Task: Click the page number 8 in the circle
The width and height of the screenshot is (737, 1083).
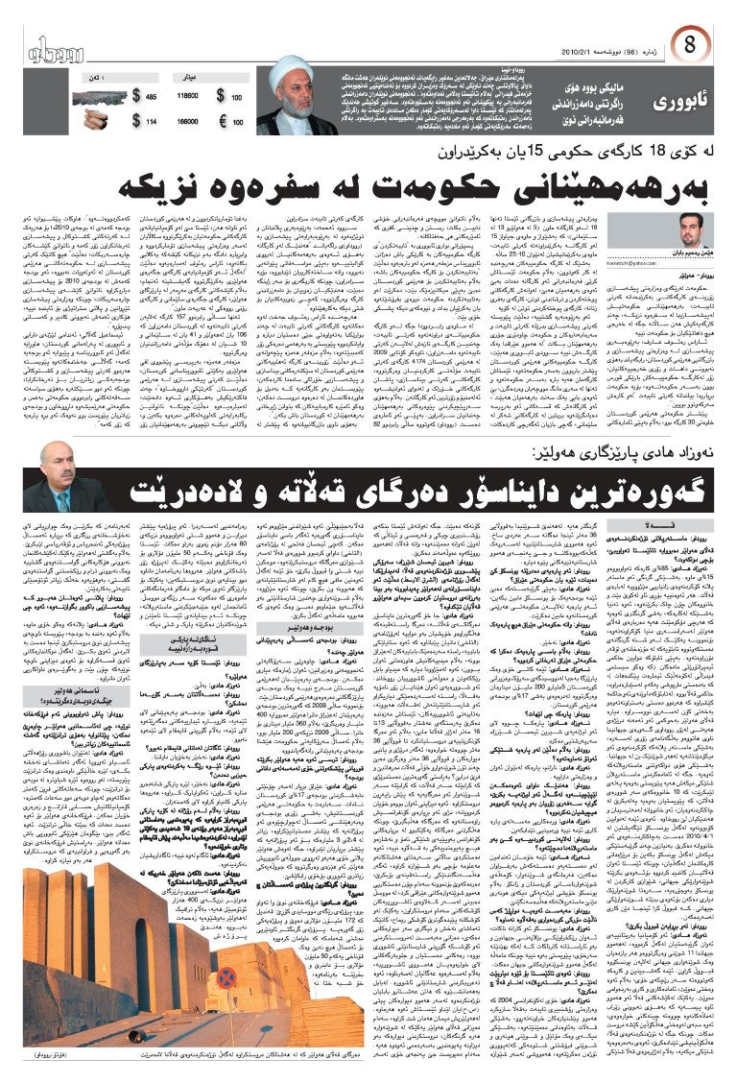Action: pyautogui.click(x=692, y=44)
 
